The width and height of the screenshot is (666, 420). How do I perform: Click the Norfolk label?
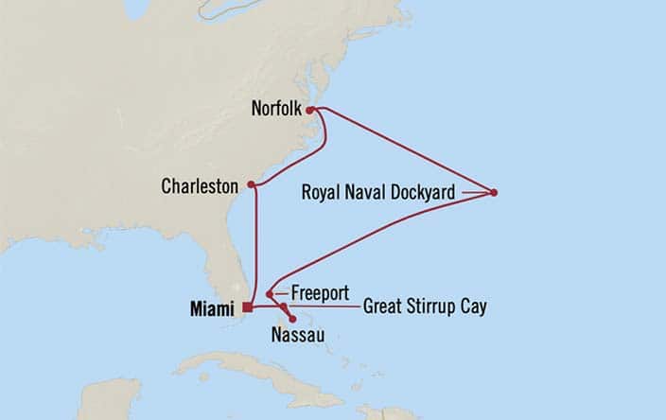tap(276, 109)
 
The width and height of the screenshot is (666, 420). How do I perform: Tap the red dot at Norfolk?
tap(310, 110)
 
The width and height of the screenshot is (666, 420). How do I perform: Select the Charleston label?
tap(200, 186)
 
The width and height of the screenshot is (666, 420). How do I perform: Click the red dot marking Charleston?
tap(251, 184)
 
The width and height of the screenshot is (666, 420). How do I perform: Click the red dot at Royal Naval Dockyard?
tap(494, 193)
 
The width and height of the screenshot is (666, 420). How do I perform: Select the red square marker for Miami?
tap(247, 307)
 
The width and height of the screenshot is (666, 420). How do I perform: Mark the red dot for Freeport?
tap(270, 294)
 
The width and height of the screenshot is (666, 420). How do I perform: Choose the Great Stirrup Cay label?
tap(425, 307)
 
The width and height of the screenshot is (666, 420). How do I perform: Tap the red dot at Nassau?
tap(292, 319)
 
